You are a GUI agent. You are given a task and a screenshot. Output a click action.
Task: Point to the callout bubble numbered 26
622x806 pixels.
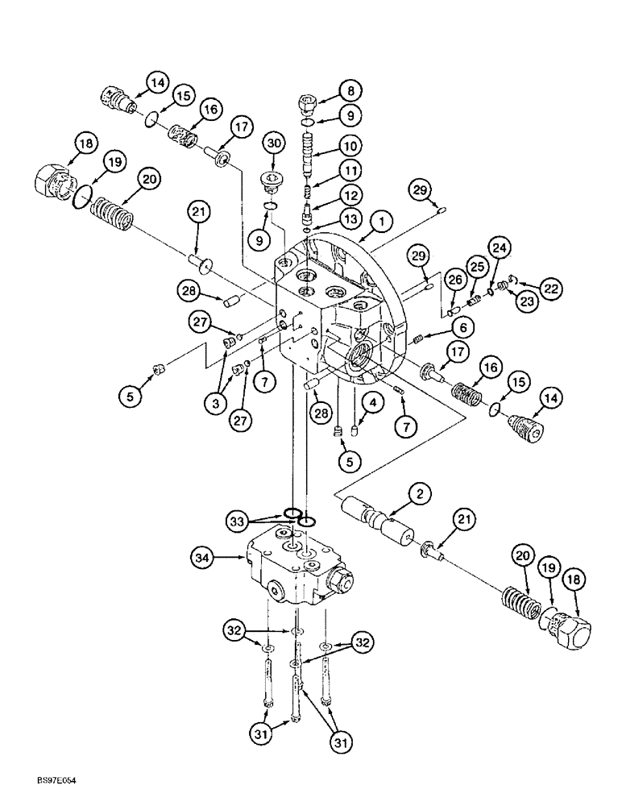[x=455, y=280]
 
